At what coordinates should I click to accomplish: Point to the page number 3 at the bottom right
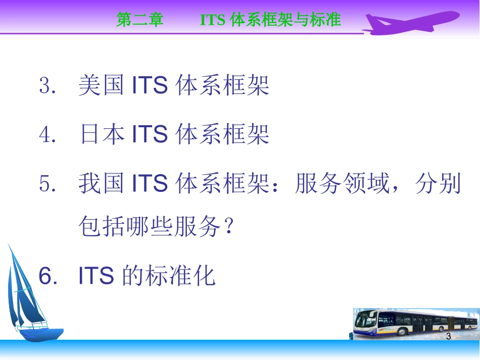448,336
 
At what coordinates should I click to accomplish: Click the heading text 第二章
140,20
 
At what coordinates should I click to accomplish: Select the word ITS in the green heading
213,20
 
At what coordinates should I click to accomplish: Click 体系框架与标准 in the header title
285,20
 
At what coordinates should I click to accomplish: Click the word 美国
101,86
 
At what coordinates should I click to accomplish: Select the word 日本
101,135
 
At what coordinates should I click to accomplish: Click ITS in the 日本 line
150,135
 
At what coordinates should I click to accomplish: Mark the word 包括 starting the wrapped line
101,228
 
